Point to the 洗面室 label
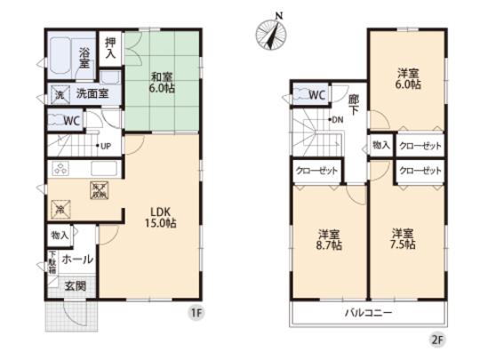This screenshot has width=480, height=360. pyautogui.click(x=91, y=92)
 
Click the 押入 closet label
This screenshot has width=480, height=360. pyautogui.click(x=110, y=48)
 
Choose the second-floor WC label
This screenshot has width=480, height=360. pyautogui.click(x=316, y=94)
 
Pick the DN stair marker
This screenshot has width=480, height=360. pyautogui.click(x=338, y=119)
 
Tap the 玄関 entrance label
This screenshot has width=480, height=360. pyautogui.click(x=74, y=285)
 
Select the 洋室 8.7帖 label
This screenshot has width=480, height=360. pyautogui.click(x=329, y=241)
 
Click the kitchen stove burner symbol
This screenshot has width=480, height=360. pyautogui.click(x=61, y=171)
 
